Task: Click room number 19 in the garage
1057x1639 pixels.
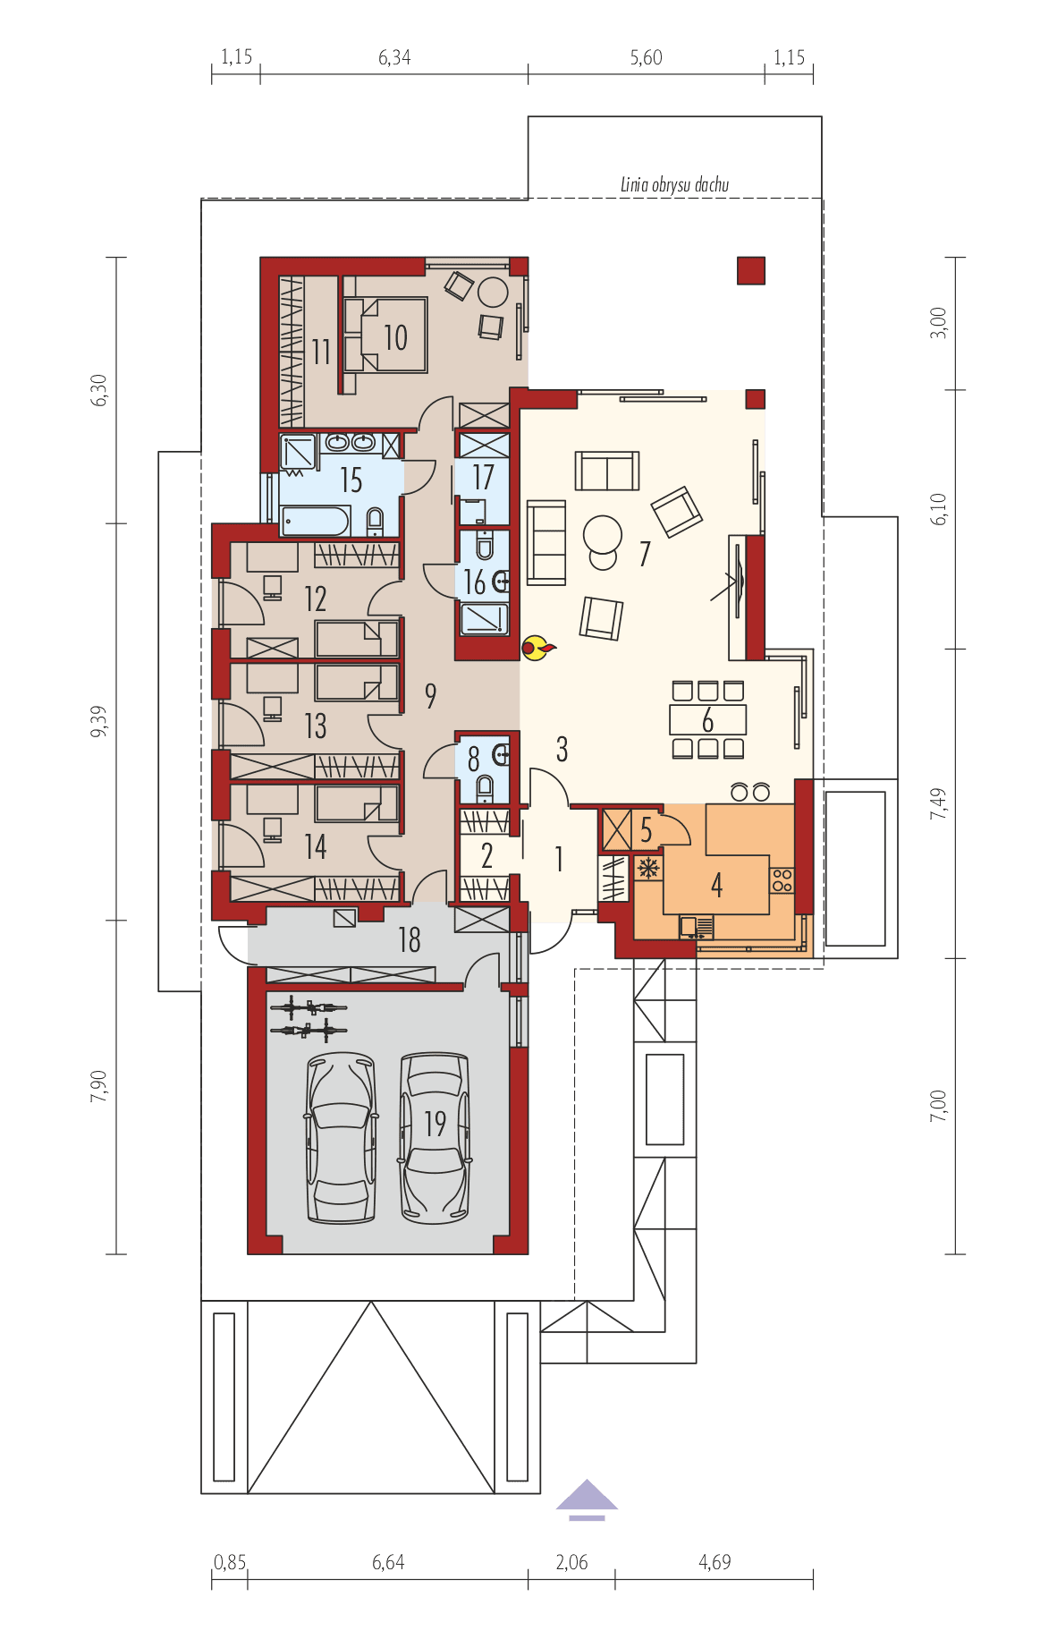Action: pos(435,1124)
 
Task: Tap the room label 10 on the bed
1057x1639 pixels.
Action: pos(395,337)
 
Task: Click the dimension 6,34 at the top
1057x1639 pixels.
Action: pos(394,58)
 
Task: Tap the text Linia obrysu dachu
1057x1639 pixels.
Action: pos(674,185)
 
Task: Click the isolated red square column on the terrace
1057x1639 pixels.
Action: pos(751,270)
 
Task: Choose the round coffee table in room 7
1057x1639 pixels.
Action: pos(602,536)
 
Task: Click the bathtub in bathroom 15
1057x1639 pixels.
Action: pos(314,521)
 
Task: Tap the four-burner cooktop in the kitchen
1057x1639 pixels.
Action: pos(782,879)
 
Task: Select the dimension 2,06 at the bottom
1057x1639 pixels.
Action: pos(571,1562)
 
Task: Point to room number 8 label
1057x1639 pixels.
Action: pos(473,762)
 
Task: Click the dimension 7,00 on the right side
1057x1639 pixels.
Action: pos(937,1106)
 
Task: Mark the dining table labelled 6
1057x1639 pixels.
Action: pos(708,719)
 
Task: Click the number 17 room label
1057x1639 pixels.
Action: pos(483,478)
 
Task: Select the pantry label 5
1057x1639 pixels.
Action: pos(646,830)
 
